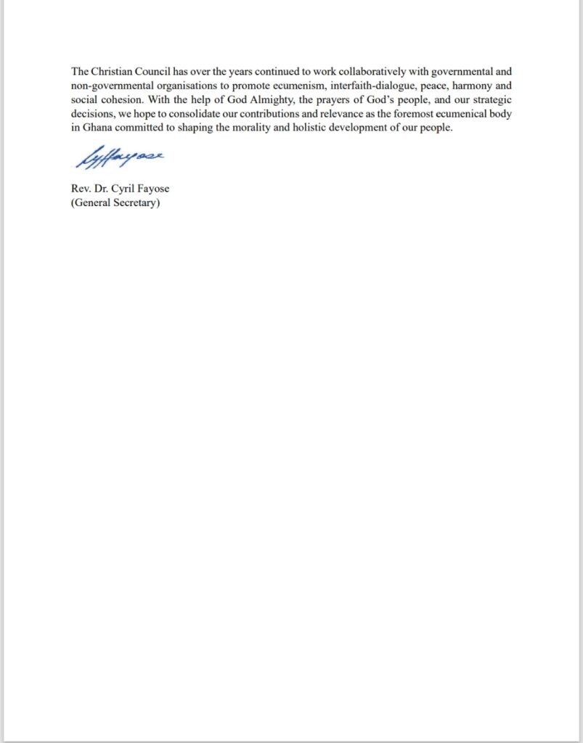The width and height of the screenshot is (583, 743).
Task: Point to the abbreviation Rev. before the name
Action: [81, 189]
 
